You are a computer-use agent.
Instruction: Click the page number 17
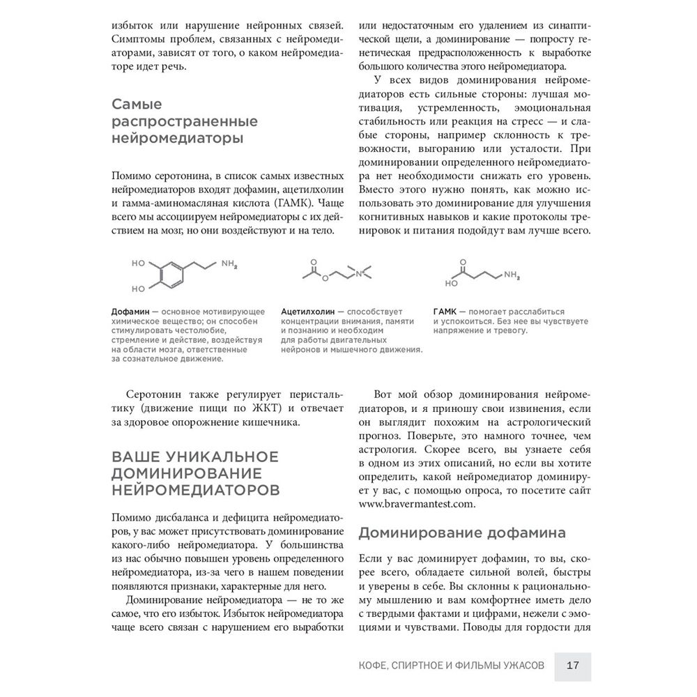pos(573,664)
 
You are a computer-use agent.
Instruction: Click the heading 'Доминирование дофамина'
pos(461,533)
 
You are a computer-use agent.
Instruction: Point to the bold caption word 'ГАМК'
pos(445,311)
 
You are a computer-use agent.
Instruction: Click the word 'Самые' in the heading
pos(137,105)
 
